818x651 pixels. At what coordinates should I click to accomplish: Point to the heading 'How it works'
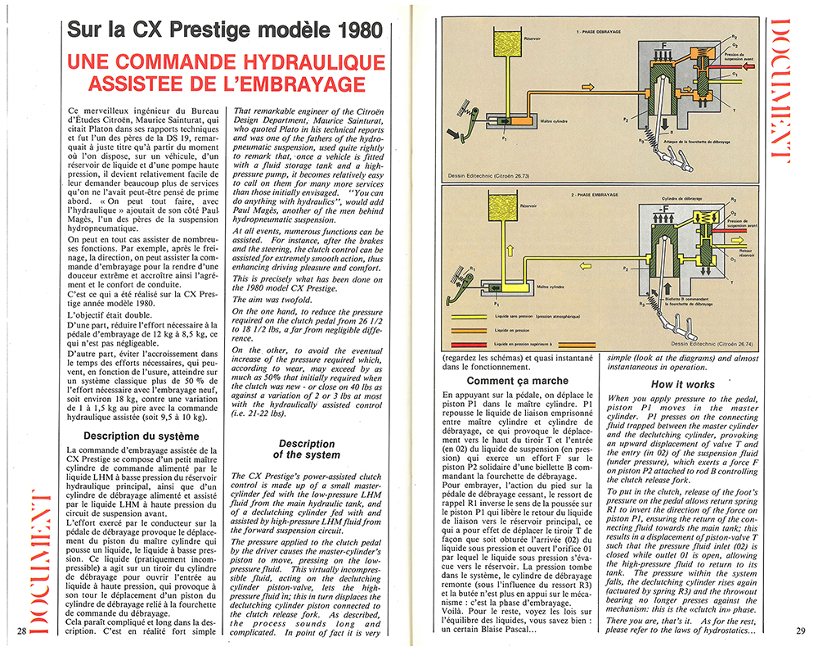point(683,384)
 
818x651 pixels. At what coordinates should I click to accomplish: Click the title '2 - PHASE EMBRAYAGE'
point(591,196)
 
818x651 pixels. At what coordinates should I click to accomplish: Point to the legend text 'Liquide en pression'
point(525,329)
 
